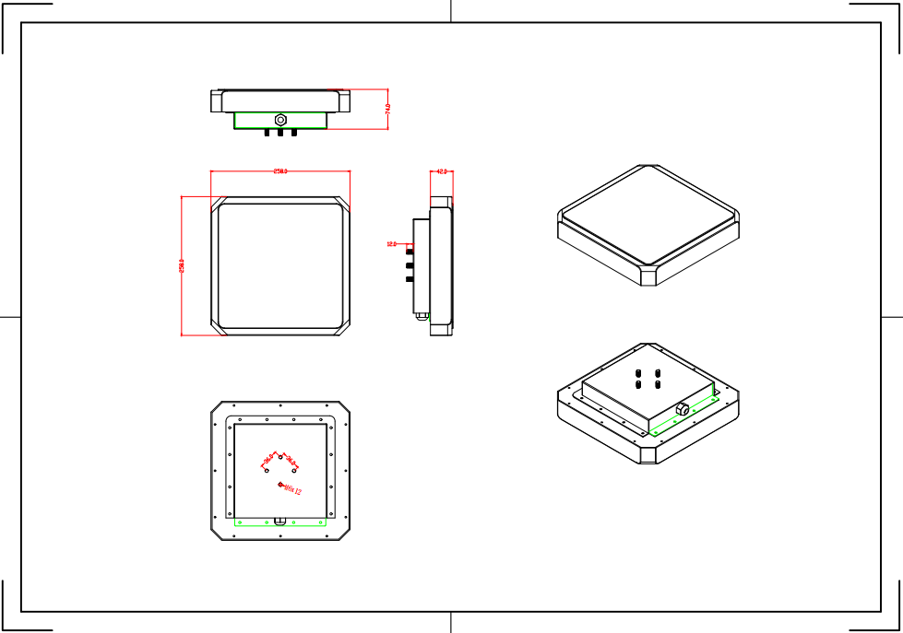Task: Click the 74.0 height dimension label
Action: [x=387, y=109]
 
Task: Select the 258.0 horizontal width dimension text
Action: [x=279, y=171]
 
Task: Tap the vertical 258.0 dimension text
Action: [x=182, y=265]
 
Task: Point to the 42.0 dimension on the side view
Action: [x=441, y=171]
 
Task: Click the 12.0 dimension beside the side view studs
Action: [x=391, y=244]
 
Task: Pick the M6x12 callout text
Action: [x=293, y=489]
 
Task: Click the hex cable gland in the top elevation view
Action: [x=280, y=119]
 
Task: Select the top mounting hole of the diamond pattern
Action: [x=280, y=456]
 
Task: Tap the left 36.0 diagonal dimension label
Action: [x=268, y=459]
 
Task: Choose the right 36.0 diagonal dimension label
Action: [x=291, y=459]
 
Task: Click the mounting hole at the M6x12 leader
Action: [x=280, y=484]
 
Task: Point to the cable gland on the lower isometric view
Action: [x=683, y=407]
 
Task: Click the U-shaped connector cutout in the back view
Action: [x=279, y=519]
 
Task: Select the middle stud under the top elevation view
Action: [x=280, y=133]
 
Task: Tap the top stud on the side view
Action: [x=410, y=250]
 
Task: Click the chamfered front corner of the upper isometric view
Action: [x=649, y=276]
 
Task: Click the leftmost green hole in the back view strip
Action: [x=240, y=522]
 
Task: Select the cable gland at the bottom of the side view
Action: [x=422, y=316]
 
